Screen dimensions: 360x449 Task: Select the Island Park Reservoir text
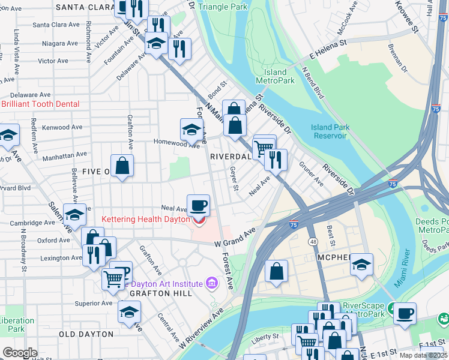coord(329,131)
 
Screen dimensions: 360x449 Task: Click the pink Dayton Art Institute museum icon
coord(211,282)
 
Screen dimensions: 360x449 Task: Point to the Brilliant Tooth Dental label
coord(40,104)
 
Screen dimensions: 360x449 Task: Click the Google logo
coord(19,353)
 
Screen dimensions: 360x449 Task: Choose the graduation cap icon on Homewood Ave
coord(191,129)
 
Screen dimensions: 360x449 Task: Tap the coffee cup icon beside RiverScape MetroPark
coord(405,313)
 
